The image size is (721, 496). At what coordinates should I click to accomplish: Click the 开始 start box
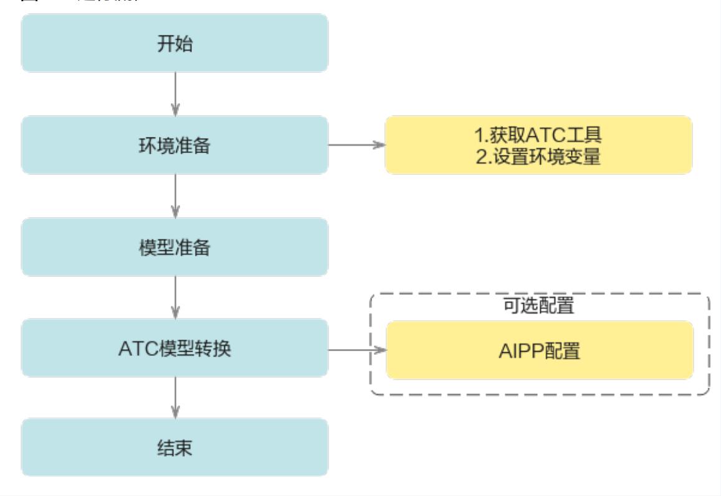pos(174,43)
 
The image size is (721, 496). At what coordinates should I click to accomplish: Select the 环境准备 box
pos(174,145)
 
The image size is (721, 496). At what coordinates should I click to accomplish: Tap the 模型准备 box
pos(174,247)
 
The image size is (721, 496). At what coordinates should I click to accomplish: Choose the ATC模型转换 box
pos(174,349)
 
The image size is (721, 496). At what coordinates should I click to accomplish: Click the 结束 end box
pos(174,447)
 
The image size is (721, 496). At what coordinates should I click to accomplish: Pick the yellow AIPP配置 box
pos(540,350)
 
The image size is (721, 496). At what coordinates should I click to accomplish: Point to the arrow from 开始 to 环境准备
pos(175,93)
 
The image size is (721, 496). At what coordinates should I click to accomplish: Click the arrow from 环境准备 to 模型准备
pos(175,195)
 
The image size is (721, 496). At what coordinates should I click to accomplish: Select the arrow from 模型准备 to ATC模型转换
pos(175,297)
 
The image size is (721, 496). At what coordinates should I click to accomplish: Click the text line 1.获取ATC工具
pos(540,134)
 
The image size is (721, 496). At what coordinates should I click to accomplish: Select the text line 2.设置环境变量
pos(540,156)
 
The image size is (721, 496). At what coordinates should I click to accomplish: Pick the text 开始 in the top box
pos(174,44)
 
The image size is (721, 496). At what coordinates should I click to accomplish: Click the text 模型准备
pos(174,248)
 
